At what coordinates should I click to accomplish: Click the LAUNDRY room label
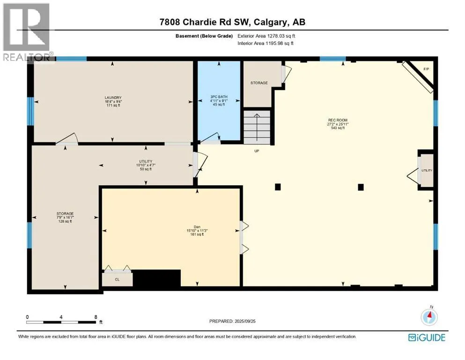click(113, 97)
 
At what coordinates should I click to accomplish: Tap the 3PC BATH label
click(219, 97)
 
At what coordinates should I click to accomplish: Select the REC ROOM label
click(338, 120)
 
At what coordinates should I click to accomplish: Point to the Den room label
click(197, 227)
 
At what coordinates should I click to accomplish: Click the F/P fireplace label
click(426, 69)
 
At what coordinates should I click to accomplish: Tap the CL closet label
click(117, 279)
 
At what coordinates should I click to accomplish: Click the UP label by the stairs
click(257, 151)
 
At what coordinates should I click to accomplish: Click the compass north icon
click(429, 317)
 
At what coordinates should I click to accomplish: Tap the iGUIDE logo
click(427, 337)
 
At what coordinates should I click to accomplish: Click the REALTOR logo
click(26, 32)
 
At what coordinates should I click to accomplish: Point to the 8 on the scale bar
click(96, 317)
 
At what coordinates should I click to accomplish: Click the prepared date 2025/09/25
click(245, 321)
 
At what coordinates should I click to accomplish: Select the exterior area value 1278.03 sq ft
click(281, 36)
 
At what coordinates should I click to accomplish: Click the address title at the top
click(232, 22)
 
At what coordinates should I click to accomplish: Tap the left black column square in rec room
click(278, 187)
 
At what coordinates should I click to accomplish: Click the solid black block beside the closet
click(156, 278)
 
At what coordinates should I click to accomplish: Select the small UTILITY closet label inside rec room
click(427, 170)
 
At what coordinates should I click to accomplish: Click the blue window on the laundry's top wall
click(72, 59)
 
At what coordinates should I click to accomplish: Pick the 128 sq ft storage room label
click(65, 221)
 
